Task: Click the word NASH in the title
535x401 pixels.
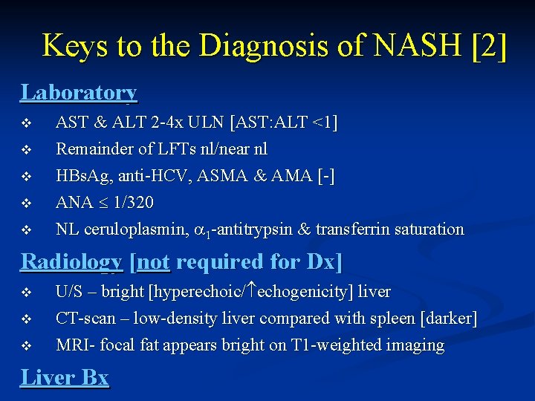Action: pyautogui.click(x=412, y=45)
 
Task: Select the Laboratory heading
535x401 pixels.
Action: pyautogui.click(x=79, y=92)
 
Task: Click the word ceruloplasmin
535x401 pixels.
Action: pyautogui.click(x=143, y=229)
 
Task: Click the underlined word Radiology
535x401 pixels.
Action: pyautogui.click(x=71, y=261)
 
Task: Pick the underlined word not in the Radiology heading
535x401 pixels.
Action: pyautogui.click(x=153, y=261)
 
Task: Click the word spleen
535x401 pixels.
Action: pyautogui.click(x=392, y=319)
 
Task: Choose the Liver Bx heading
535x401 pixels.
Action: pyautogui.click(x=65, y=377)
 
